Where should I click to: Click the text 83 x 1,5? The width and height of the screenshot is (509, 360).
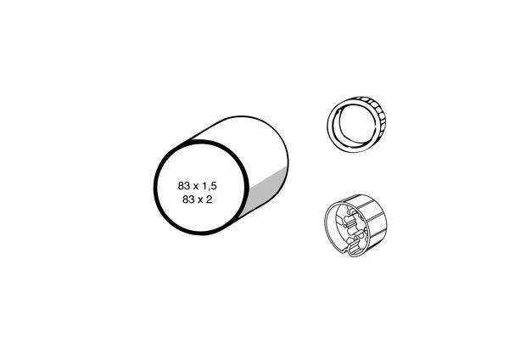coord(197,186)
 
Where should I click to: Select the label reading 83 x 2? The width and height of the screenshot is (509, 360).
coord(197,200)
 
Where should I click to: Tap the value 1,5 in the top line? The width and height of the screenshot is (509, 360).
coord(210,187)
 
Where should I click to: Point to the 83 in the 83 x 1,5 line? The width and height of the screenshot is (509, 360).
coord(184,186)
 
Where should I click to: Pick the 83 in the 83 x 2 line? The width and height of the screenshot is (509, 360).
coord(188,200)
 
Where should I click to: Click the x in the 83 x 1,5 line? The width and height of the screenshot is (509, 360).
coord(196,187)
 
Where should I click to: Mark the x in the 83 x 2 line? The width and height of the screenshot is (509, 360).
coord(200,200)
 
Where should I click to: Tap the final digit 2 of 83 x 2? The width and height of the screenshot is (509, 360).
coord(209,200)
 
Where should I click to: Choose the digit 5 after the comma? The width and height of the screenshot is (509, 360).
coord(213,186)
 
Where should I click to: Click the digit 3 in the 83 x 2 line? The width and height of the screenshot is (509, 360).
coord(191,200)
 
